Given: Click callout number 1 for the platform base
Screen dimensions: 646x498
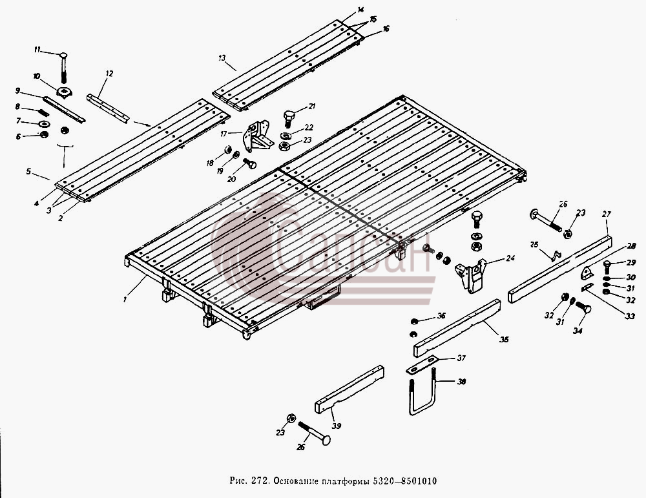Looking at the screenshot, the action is [125, 300].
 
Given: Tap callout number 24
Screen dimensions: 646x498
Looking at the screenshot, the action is [510, 258].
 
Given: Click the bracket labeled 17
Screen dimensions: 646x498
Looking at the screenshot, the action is [256, 136].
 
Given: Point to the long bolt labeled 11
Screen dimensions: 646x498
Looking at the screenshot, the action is [63, 67].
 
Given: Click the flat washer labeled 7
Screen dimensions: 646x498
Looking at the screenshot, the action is [44, 123].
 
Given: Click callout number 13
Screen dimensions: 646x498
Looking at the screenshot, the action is [222, 58].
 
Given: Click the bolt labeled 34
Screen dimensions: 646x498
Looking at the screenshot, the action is [582, 307].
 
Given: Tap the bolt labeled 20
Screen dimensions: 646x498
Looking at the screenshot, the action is [249, 163].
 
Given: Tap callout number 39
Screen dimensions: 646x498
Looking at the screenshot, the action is [337, 426].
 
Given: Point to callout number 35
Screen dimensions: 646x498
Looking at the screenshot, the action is [505, 339].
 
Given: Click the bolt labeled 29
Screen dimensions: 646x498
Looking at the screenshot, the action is [608, 268].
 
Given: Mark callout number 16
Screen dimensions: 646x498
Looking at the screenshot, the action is [386, 29].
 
